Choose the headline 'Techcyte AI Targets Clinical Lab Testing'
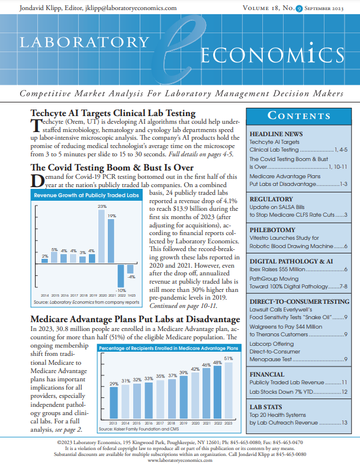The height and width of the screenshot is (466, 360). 113,113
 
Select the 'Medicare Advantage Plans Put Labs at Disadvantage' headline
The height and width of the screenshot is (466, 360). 135,320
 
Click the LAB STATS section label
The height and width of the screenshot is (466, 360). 268,407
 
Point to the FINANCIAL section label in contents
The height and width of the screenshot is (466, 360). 269,375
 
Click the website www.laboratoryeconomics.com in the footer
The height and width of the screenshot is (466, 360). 180,460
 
